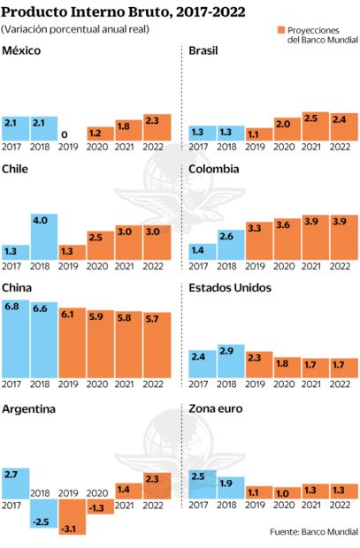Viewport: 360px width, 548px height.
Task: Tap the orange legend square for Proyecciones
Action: tap(281, 29)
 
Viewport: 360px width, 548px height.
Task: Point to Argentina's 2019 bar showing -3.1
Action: tap(73, 517)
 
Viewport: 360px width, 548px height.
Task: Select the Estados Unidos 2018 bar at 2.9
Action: tap(231, 362)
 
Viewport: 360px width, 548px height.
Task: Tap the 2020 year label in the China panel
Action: tap(100, 384)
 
